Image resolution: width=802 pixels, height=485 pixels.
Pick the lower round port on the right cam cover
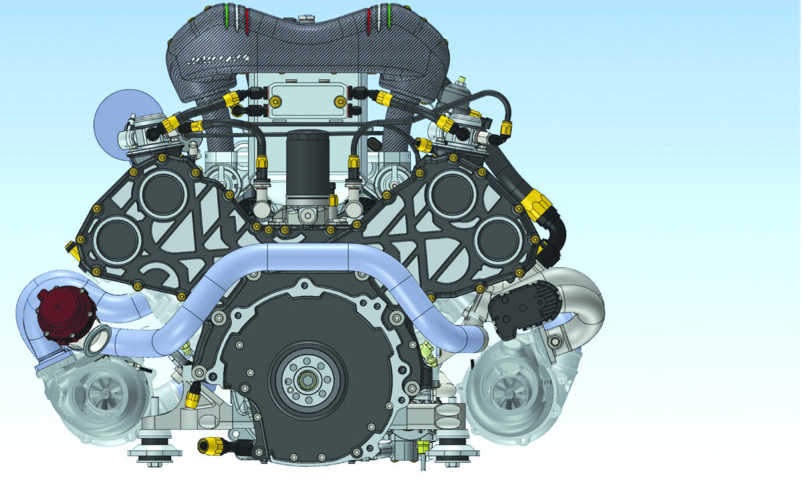tap(498, 237)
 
